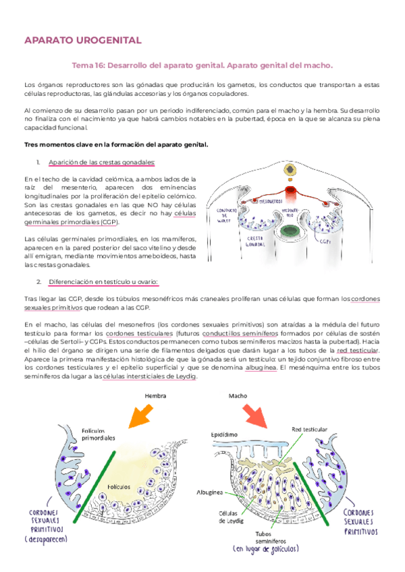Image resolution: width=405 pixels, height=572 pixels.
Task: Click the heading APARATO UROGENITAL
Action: coord(82,40)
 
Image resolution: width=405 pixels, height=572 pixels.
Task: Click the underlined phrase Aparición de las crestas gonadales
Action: coord(101,162)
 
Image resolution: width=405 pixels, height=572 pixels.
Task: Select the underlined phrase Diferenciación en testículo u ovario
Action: coord(103,281)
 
